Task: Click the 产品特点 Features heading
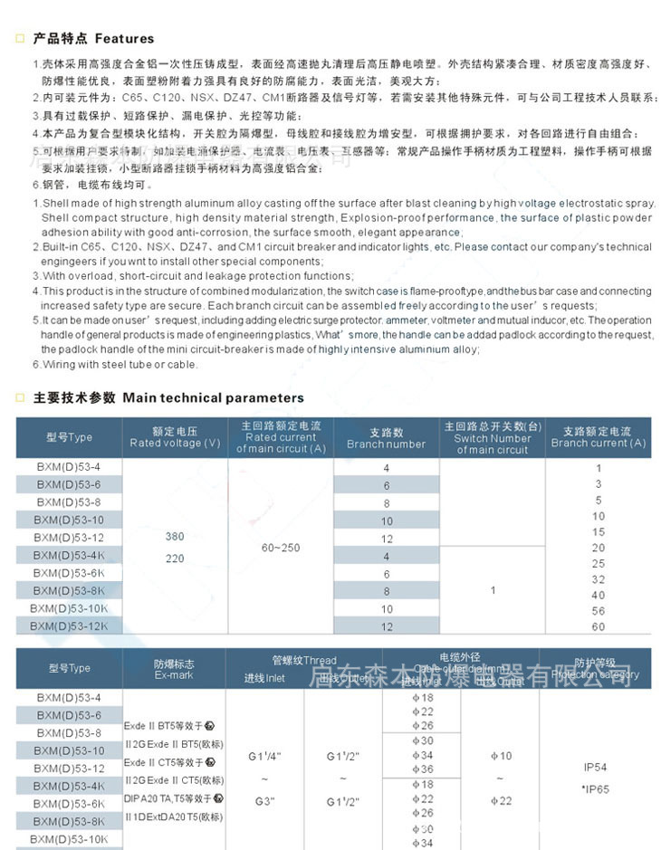(x=93, y=39)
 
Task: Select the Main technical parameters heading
(x=168, y=397)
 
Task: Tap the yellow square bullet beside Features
(x=19, y=39)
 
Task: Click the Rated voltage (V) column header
(x=175, y=437)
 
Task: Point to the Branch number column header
(x=386, y=438)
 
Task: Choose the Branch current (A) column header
(x=598, y=437)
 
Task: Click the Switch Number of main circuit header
(x=492, y=437)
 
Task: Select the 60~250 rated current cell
(x=281, y=547)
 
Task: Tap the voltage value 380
(x=175, y=537)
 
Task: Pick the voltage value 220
(x=175, y=559)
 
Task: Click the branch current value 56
(x=598, y=611)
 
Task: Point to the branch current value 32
(x=598, y=579)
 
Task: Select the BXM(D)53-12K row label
(x=69, y=626)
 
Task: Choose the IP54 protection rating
(x=596, y=767)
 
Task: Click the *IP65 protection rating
(x=596, y=788)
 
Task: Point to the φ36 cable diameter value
(x=423, y=769)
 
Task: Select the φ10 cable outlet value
(x=501, y=756)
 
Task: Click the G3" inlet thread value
(x=265, y=801)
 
